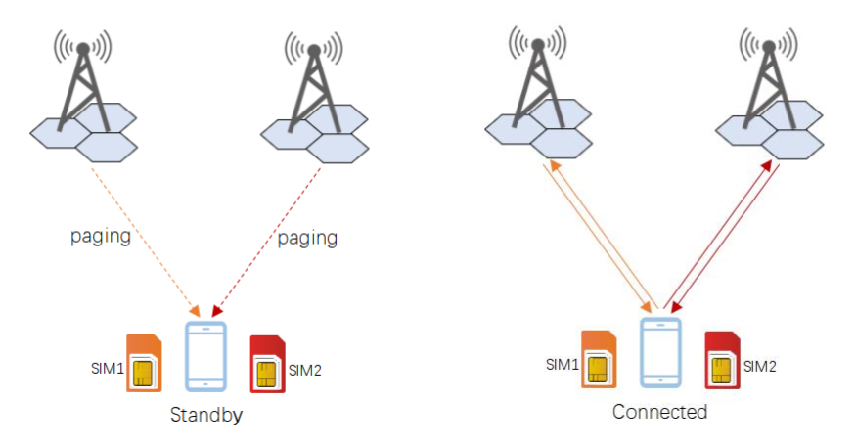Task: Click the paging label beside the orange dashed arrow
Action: pyautogui.click(x=100, y=238)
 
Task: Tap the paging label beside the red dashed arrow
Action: pyautogui.click(x=308, y=238)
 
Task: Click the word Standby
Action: pyautogui.click(x=205, y=415)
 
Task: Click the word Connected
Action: pyautogui.click(x=659, y=412)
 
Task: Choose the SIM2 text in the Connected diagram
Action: pyautogui.click(x=760, y=367)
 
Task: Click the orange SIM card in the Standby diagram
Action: pyautogui.click(x=143, y=364)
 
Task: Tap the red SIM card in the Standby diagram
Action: pyautogui.click(x=266, y=364)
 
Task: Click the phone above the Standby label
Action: pyautogui.click(x=205, y=357)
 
